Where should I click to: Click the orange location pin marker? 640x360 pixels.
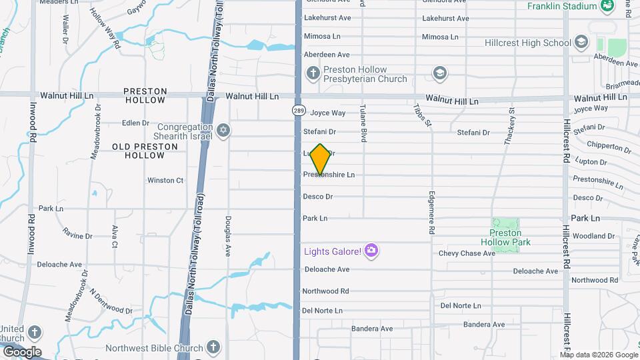pos(321,159)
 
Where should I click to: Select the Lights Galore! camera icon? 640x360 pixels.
pos(371,251)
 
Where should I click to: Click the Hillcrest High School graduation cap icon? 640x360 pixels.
pos(581,43)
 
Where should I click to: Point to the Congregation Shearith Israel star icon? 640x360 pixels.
pos(223,130)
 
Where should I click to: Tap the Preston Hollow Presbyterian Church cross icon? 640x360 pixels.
pos(313,72)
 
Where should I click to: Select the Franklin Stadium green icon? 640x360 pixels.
pos(607,7)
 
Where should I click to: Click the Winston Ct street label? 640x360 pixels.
pos(165,180)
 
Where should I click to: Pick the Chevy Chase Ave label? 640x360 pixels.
pos(467,253)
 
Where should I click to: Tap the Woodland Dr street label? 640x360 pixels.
pos(593,236)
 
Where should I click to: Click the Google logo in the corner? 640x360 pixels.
pos(21,351)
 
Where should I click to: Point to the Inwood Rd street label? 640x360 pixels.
pos(31,227)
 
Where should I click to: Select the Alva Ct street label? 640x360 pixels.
pos(115,237)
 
